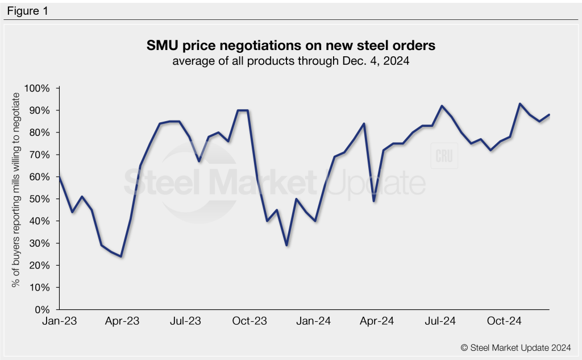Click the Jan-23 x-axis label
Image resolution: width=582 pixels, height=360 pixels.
[x=59, y=321]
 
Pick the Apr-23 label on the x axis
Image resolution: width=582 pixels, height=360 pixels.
[x=122, y=321]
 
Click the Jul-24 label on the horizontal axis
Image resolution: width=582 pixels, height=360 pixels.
[x=440, y=321]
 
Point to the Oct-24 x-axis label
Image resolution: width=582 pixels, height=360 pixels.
[x=504, y=321]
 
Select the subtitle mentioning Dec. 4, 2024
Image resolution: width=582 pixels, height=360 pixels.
[x=291, y=61]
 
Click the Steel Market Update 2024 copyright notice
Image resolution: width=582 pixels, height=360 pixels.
[x=516, y=346]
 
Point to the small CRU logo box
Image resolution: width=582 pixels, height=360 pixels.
[x=444, y=156]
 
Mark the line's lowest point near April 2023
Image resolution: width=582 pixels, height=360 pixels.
[x=120, y=256]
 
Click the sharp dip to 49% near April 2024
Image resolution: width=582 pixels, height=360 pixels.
[x=373, y=201]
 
